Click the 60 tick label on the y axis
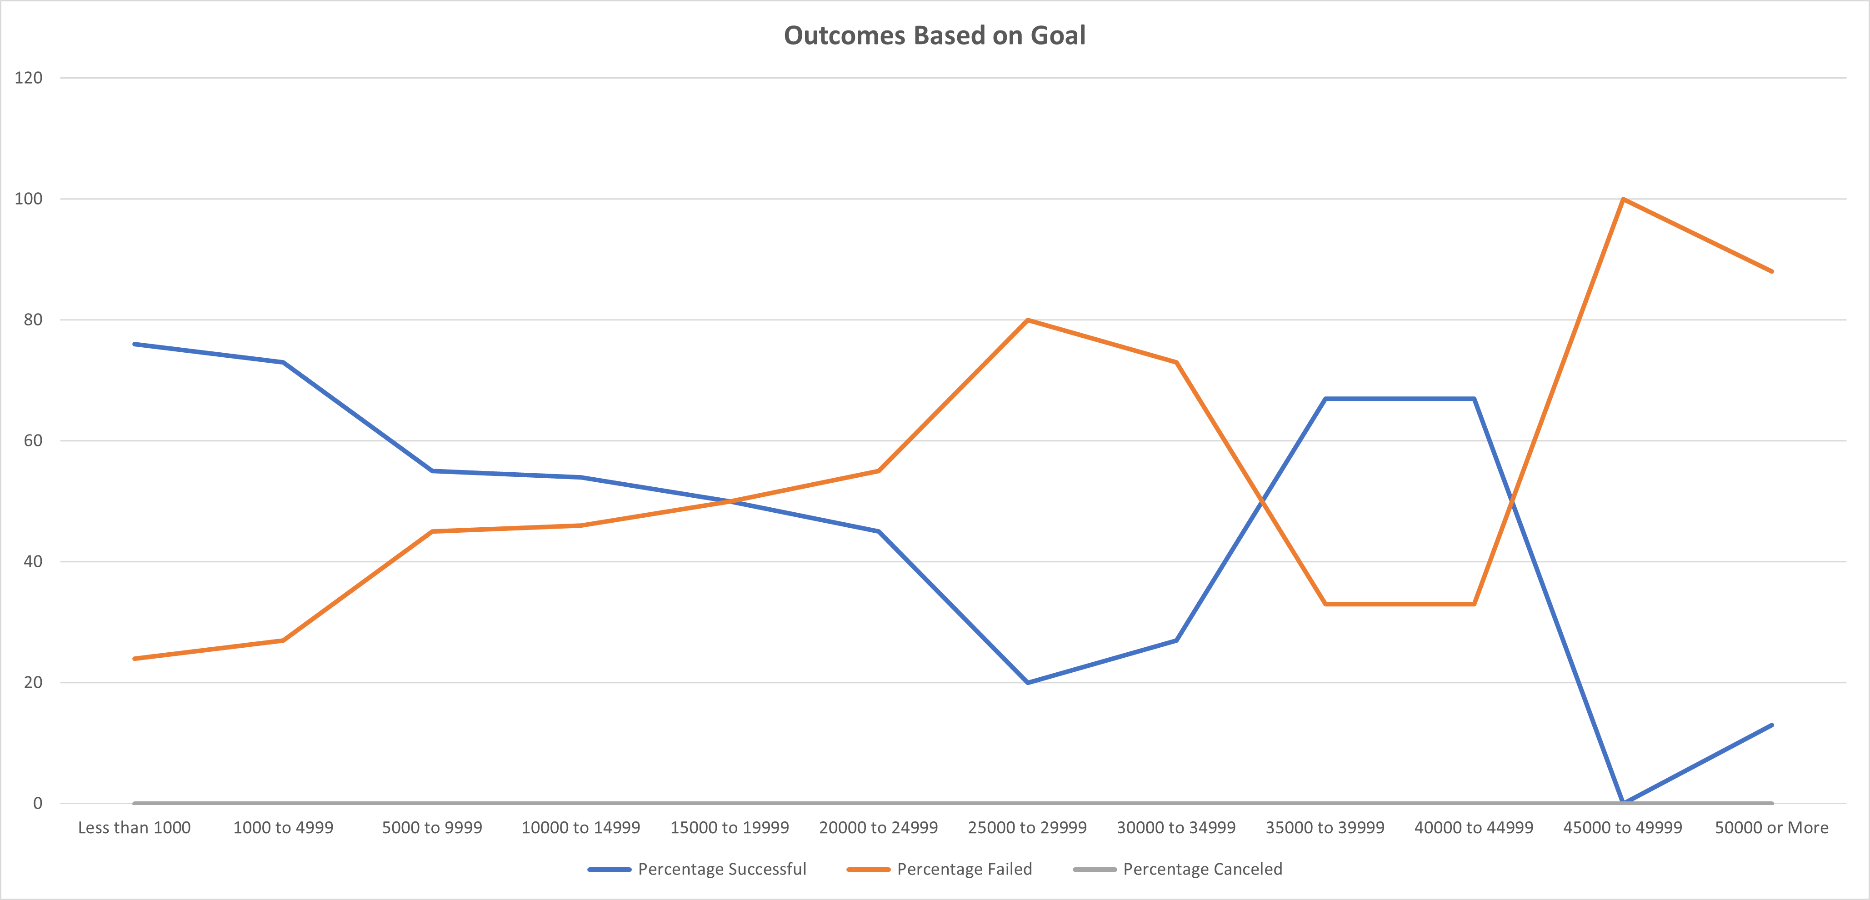point(33,440)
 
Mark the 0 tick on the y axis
point(38,804)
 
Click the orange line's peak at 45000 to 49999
point(1622,199)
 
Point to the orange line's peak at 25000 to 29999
point(1027,320)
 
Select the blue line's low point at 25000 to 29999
point(1027,682)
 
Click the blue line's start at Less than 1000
point(135,344)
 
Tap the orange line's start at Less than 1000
point(135,658)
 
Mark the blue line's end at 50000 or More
point(1771,725)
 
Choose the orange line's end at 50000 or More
point(1771,271)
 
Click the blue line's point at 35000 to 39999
point(1325,399)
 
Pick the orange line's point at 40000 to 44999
point(1474,604)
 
